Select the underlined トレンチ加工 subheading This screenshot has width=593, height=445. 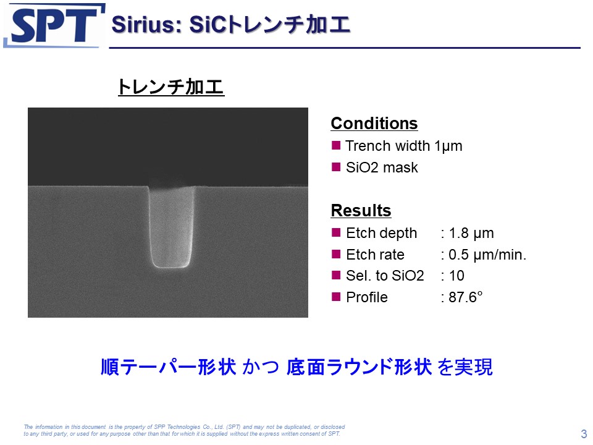171,87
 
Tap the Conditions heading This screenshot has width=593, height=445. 374,124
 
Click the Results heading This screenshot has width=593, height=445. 361,210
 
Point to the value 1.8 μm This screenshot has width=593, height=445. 471,234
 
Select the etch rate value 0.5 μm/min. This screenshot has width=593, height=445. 487,255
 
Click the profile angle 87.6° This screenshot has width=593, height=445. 466,297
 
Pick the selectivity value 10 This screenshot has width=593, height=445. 456,276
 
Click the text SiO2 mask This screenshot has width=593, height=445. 382,167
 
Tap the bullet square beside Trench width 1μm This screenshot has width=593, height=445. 336,145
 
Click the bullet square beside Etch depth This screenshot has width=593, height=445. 336,232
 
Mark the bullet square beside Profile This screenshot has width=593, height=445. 336,296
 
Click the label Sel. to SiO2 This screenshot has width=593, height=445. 385,276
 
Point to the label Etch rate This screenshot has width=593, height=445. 375,255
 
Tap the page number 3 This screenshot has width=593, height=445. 584,434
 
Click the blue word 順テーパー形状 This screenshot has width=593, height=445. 169,367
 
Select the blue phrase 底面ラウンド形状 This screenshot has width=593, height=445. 359,367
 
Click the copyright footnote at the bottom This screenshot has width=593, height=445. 184,430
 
